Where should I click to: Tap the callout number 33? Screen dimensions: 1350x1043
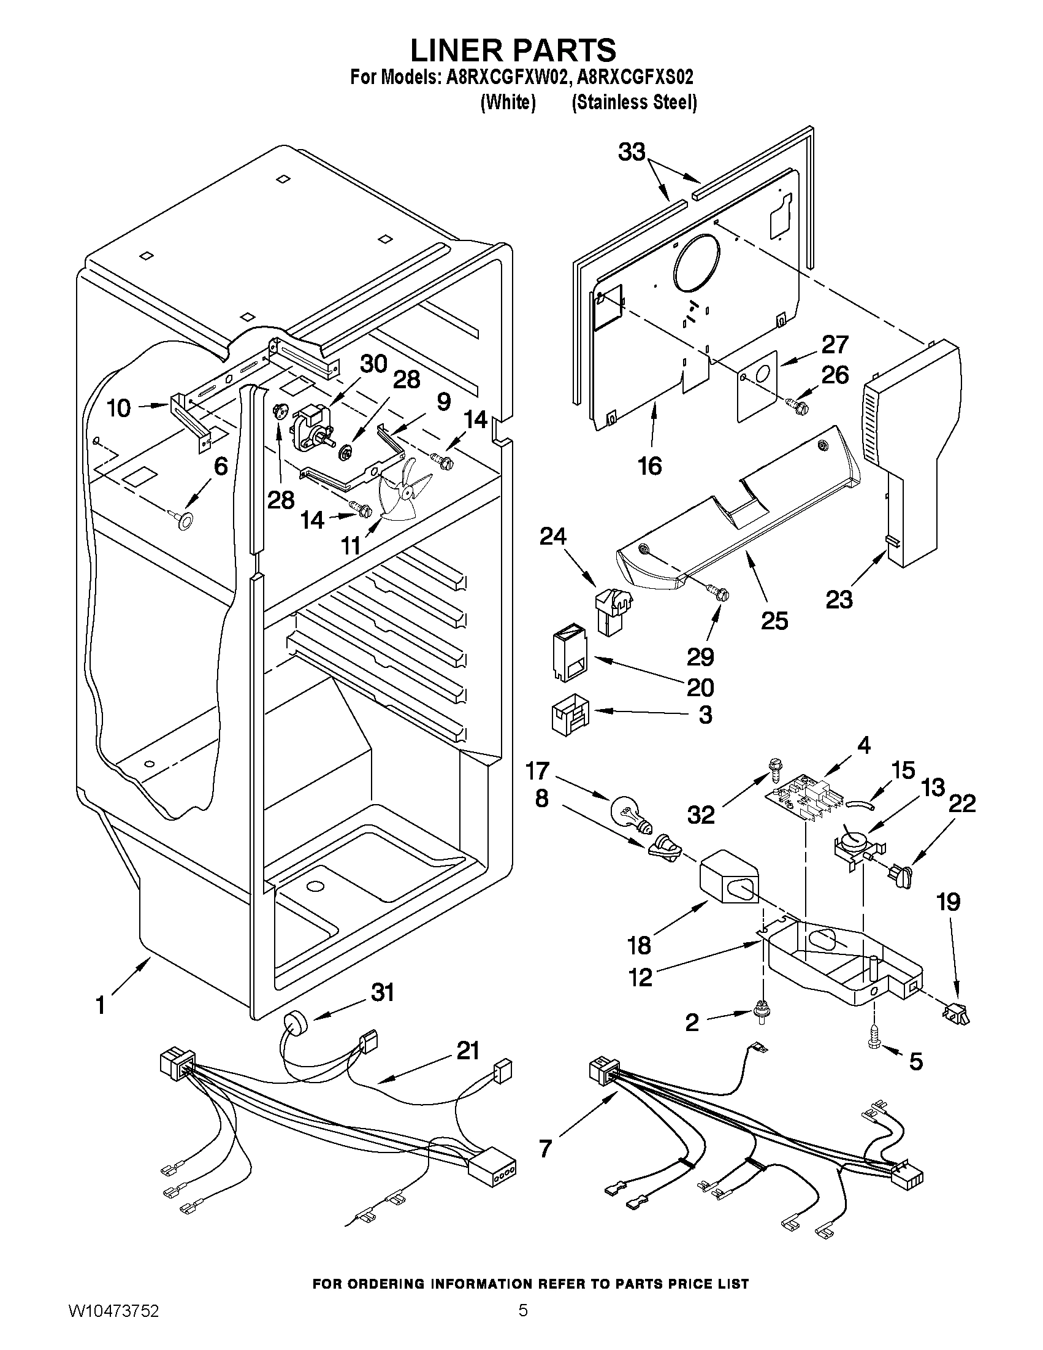coord(632,152)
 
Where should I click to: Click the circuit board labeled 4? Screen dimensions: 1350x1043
coord(799,799)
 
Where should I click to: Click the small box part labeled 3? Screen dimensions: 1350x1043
coord(569,715)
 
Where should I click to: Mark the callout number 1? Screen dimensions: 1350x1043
coord(99,1005)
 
